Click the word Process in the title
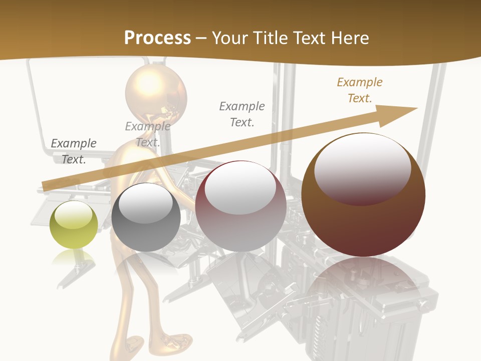click(x=157, y=38)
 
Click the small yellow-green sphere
click(x=74, y=225)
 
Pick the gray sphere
click(x=146, y=218)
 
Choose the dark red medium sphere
click(x=241, y=207)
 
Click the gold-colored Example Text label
click(x=360, y=90)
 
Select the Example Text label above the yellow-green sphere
click(x=74, y=151)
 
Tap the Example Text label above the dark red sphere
click(x=242, y=114)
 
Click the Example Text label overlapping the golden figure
click(x=148, y=134)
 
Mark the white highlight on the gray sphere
click(x=146, y=202)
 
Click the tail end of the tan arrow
click(x=48, y=186)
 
